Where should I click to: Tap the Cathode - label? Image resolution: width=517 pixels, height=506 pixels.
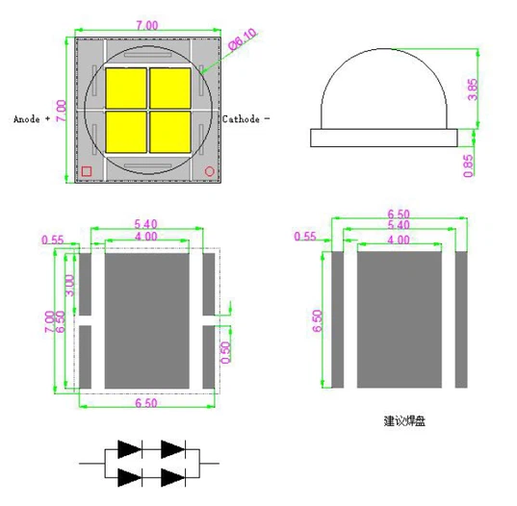pyautogui.click(x=246, y=119)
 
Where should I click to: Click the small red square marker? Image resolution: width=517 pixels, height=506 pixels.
pyautogui.click(x=87, y=171)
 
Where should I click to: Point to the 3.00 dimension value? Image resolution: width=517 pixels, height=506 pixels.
pyautogui.click(x=67, y=287)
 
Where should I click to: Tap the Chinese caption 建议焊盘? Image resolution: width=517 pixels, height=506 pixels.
pyautogui.click(x=404, y=421)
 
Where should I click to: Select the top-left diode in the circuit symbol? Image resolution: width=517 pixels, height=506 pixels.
pyautogui.click(x=131, y=448)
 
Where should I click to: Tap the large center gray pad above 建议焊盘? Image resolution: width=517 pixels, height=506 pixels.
pyautogui.click(x=401, y=317)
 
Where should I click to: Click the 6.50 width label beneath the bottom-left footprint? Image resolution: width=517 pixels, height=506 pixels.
pyautogui.click(x=147, y=402)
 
